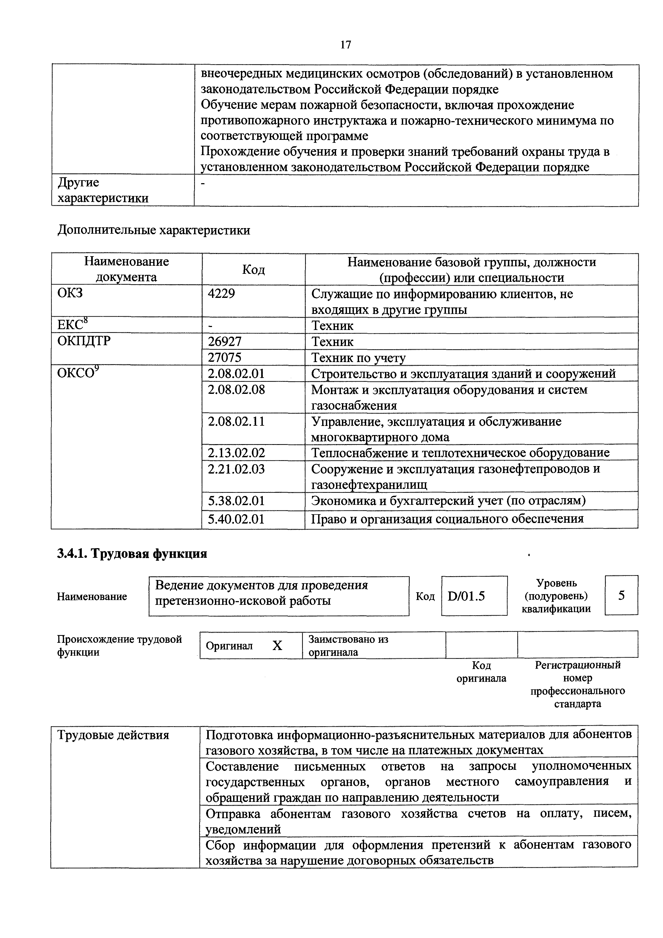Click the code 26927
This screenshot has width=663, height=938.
pos(224,341)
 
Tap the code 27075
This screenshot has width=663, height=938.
pos(224,357)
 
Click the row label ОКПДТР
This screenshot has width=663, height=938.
pos(84,341)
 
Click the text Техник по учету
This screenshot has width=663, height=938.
pos(358,357)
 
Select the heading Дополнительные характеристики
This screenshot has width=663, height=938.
pos(154,230)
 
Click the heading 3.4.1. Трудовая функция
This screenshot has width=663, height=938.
pos(132,553)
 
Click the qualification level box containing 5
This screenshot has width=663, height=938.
pos(621,595)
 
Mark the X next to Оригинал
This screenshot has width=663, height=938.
pos(277,645)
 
